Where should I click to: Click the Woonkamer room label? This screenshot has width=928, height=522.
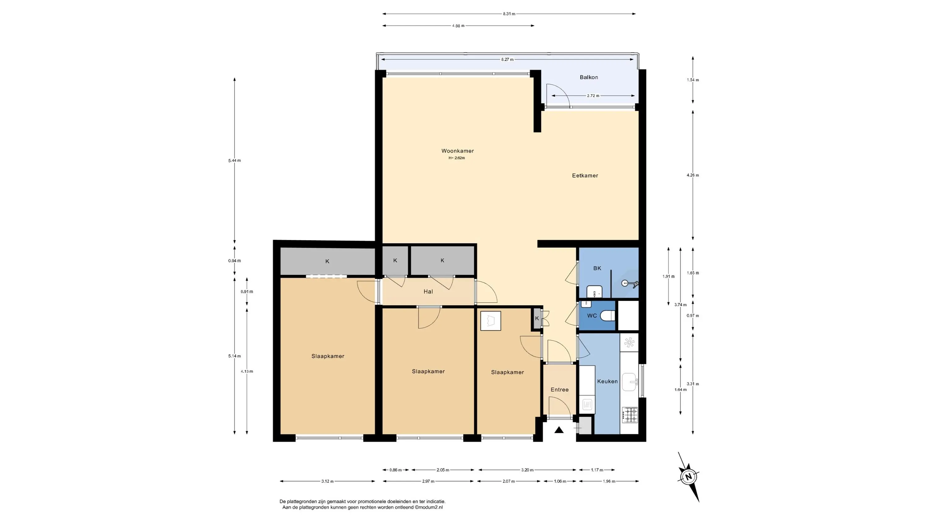[x=458, y=151]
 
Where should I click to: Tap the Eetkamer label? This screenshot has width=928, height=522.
[x=585, y=175]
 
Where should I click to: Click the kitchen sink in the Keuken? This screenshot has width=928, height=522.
[x=630, y=382]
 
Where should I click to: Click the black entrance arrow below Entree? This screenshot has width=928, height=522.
[x=559, y=430]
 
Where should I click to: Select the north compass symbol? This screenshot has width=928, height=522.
[x=689, y=477]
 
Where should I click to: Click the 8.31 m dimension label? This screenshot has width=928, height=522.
[x=509, y=14]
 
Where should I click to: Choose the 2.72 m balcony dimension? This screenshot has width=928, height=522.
[x=593, y=96]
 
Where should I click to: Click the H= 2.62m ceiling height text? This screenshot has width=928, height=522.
[x=457, y=158]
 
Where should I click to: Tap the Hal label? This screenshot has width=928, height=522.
[x=428, y=291]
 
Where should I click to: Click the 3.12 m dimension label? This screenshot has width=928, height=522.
[x=328, y=481]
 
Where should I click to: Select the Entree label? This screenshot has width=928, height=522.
[x=560, y=389]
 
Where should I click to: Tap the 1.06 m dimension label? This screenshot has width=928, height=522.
[x=560, y=481]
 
